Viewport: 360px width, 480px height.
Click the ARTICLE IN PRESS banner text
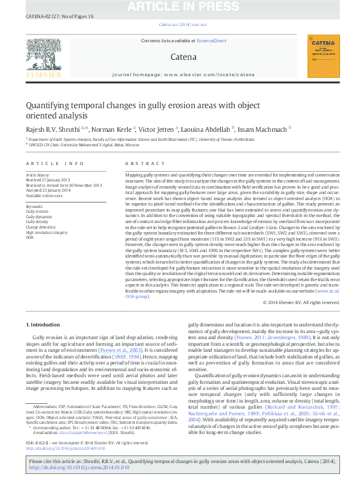(180, 7)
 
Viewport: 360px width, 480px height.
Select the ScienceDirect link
(211, 41)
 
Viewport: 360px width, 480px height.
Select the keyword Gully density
(38, 221)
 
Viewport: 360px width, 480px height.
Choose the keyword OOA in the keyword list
(30, 238)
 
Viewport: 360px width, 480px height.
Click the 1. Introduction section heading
(44, 325)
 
